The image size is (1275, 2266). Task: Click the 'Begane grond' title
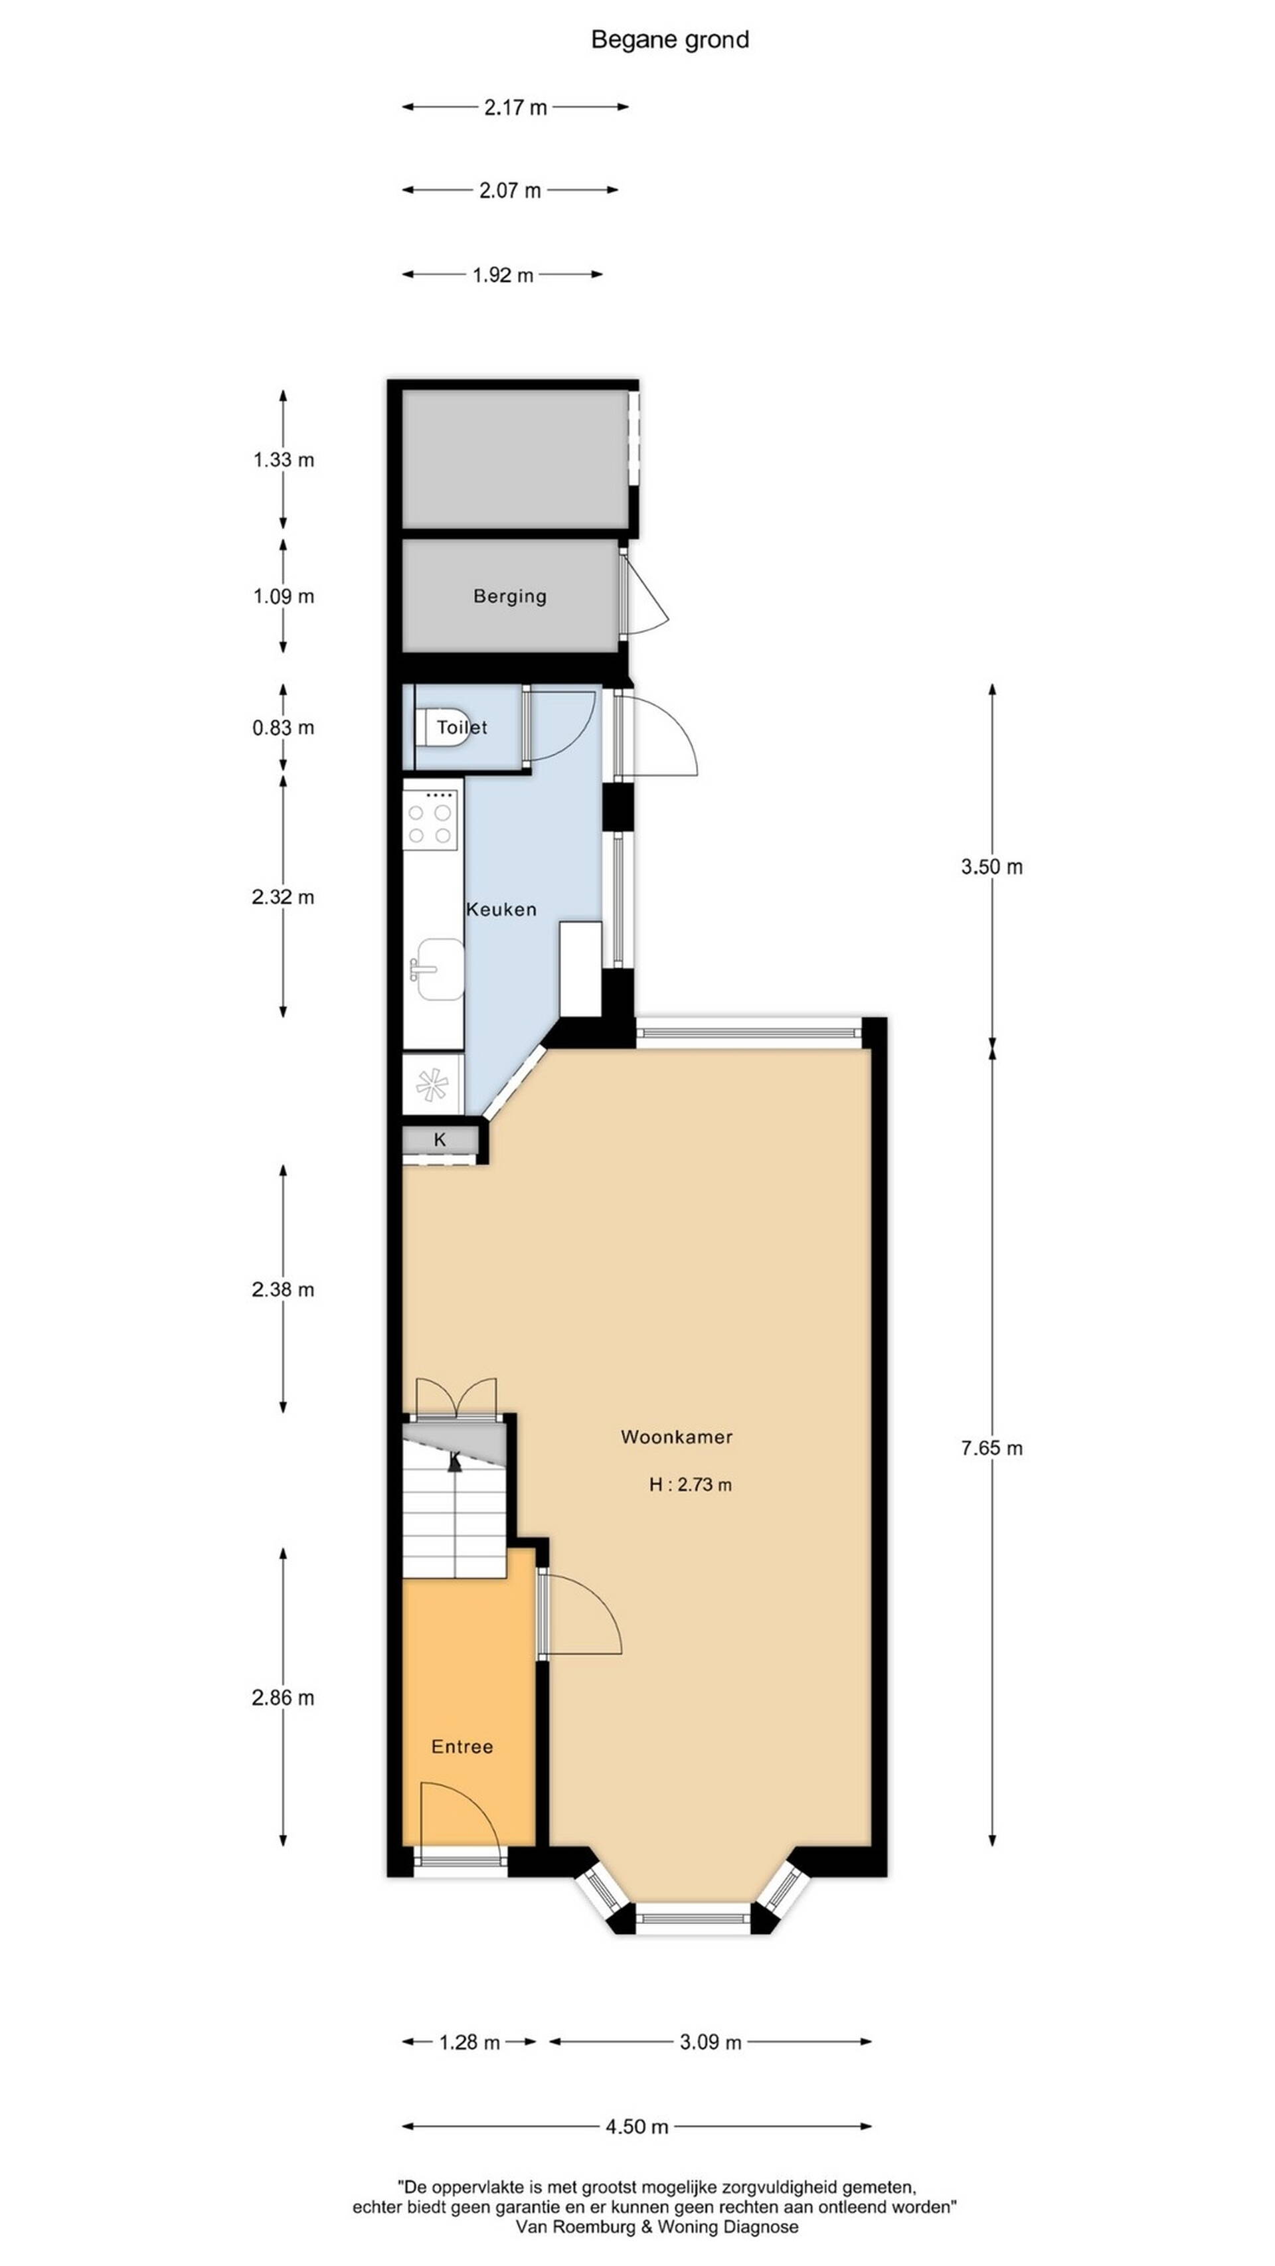coord(669,40)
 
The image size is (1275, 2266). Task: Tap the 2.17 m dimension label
coord(515,108)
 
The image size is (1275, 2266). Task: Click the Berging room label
coord(509,596)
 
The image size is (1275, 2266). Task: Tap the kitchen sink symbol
coord(439,969)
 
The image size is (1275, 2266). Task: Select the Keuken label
coord(501,910)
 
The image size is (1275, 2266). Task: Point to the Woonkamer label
coord(677,1437)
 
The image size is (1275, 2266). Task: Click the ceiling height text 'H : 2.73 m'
coord(691,1485)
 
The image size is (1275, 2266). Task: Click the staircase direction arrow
coord(455,1462)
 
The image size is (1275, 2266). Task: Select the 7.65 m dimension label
coord(991,1448)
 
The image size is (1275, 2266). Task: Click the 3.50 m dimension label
coord(991,866)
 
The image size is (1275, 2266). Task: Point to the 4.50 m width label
coord(637,2127)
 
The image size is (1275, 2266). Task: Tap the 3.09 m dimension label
coord(710,2042)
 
